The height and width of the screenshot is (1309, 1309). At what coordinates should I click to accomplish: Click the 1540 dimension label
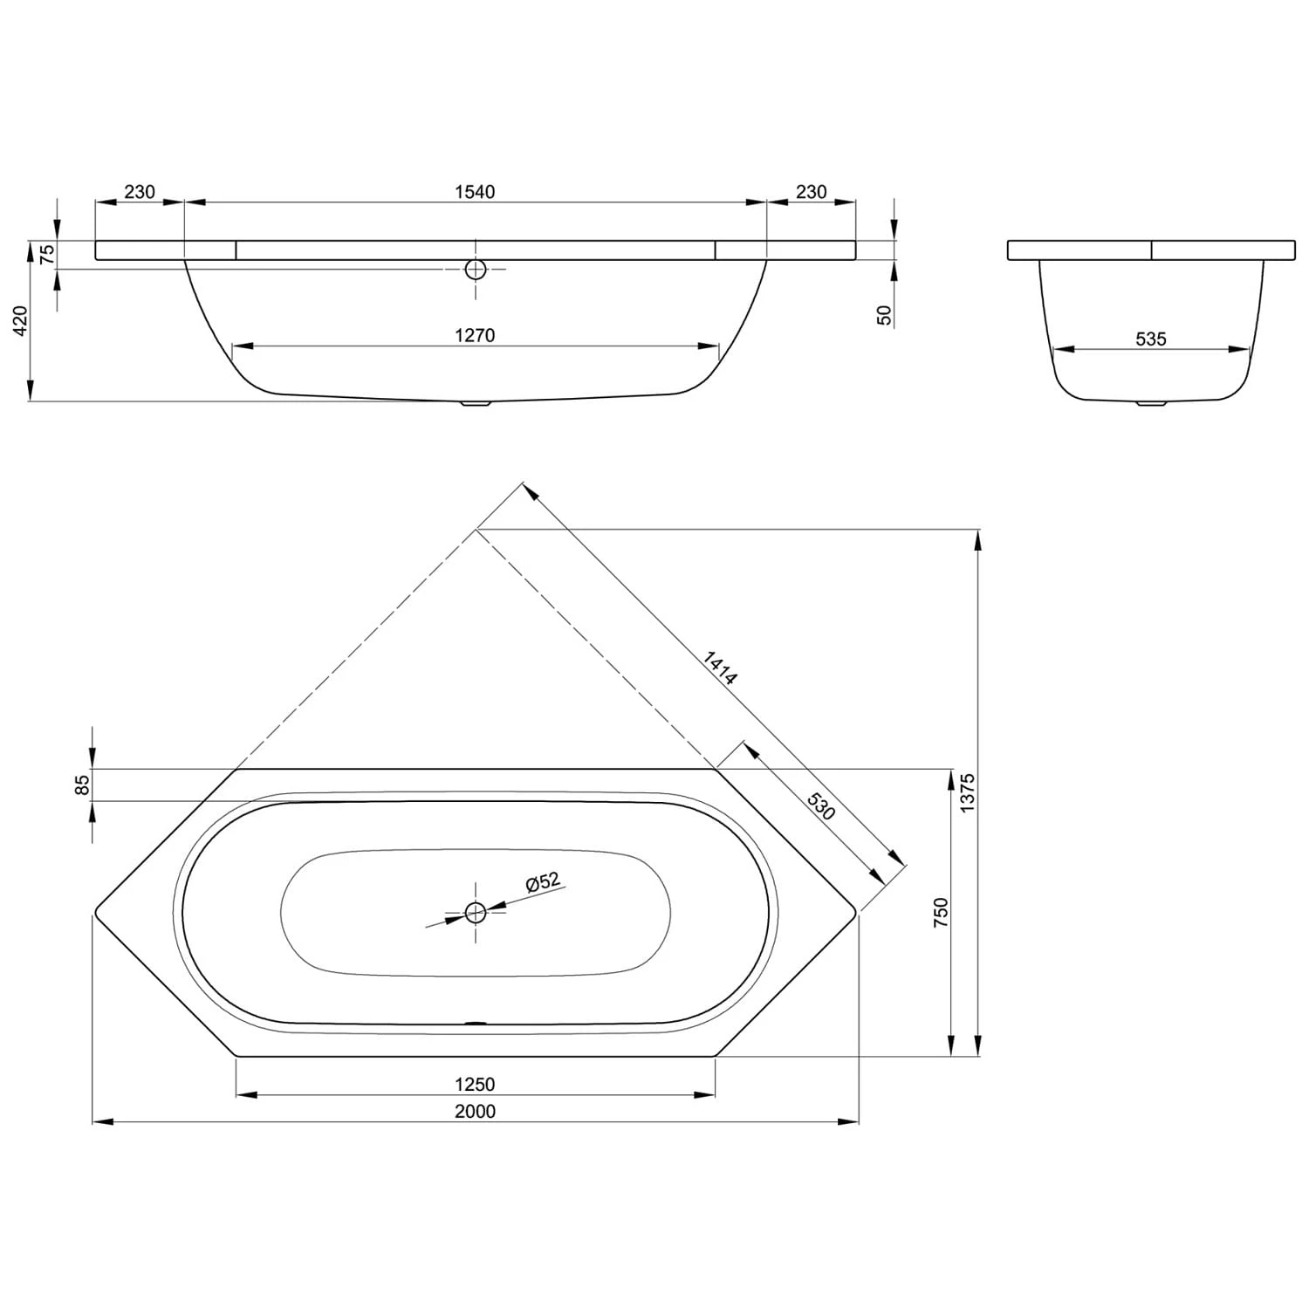475,192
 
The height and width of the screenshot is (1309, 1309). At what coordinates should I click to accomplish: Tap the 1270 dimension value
475,335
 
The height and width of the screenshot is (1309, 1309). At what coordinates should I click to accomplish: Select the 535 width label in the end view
1151,339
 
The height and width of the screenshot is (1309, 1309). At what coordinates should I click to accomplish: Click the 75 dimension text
48,254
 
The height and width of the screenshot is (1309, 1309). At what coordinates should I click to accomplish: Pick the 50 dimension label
885,315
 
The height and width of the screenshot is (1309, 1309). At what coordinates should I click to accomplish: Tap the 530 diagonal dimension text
820,806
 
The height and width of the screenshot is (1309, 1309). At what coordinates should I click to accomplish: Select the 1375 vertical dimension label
967,792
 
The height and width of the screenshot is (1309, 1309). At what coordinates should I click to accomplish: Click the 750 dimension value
941,912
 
